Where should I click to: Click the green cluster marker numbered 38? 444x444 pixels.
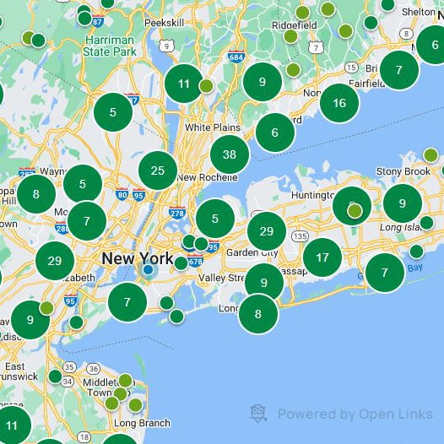tap(230, 154)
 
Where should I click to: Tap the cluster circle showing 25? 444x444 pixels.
tap(158, 171)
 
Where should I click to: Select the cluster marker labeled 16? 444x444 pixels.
tap(339, 103)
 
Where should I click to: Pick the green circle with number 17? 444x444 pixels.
tap(322, 257)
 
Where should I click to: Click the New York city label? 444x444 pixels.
tap(135, 257)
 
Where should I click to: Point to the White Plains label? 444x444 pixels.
tap(210, 127)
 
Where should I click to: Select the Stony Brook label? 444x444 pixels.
tap(403, 171)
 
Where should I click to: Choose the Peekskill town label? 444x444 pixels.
tap(164, 23)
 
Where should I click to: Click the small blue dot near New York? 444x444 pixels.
tap(149, 270)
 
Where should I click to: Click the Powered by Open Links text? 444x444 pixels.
tap(355, 414)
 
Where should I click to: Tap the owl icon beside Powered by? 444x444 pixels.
tap(259, 414)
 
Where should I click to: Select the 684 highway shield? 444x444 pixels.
tap(236, 57)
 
